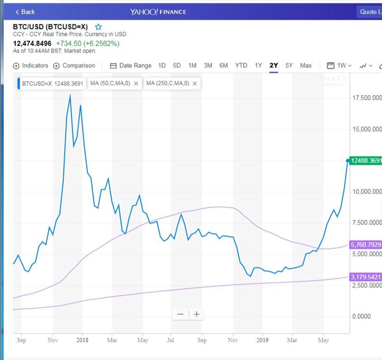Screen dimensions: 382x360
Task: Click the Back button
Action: pos(25,12)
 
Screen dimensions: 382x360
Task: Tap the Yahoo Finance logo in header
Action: pos(158,12)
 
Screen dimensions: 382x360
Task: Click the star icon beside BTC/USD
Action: pos(98,27)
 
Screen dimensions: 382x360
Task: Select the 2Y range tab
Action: pos(273,66)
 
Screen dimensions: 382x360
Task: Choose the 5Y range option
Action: pos(289,66)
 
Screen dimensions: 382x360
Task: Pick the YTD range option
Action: pos(241,66)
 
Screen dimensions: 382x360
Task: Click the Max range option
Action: pos(305,66)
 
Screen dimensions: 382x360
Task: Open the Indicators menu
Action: pos(30,66)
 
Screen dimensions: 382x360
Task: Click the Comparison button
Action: pos(74,66)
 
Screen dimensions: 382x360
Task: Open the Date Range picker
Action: pos(131,66)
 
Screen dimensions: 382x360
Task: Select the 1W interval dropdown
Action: pos(339,66)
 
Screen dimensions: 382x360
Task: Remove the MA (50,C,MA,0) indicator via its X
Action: pos(136,84)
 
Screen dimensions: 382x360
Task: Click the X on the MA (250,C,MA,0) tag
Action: pos(195,84)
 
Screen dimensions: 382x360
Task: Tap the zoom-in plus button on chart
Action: pos(196,314)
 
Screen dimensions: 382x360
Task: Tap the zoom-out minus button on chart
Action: pos(180,314)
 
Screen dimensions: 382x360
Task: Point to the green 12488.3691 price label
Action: pos(365,161)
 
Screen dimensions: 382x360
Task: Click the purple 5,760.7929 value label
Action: pos(365,244)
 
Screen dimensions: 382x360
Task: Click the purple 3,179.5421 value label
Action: pos(365,277)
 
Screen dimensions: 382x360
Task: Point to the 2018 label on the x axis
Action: pos(82,340)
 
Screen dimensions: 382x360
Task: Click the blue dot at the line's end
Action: pos(348,161)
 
